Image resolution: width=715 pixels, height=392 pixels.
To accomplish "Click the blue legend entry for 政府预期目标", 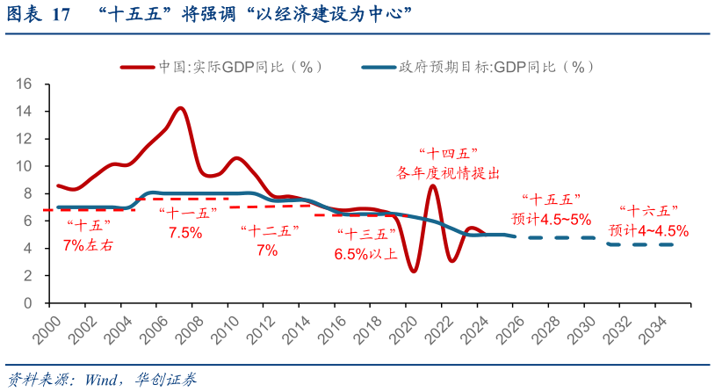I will [495, 67].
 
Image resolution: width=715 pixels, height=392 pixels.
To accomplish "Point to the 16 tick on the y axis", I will [24, 84].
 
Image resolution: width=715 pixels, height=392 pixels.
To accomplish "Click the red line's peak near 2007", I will [180, 108].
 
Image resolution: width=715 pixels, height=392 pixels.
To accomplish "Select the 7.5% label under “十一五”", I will [185, 233].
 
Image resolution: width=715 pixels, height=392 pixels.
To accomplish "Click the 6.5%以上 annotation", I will [365, 254].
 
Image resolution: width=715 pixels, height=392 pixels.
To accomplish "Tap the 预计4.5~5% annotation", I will [551, 219].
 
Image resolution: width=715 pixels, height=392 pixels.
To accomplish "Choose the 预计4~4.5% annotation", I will [648, 230].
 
